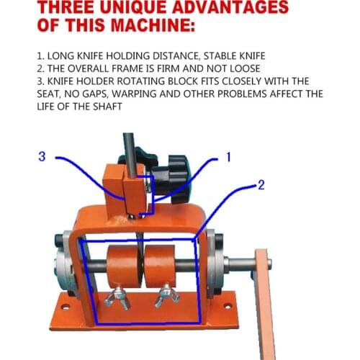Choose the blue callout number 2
[x=261, y=185]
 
